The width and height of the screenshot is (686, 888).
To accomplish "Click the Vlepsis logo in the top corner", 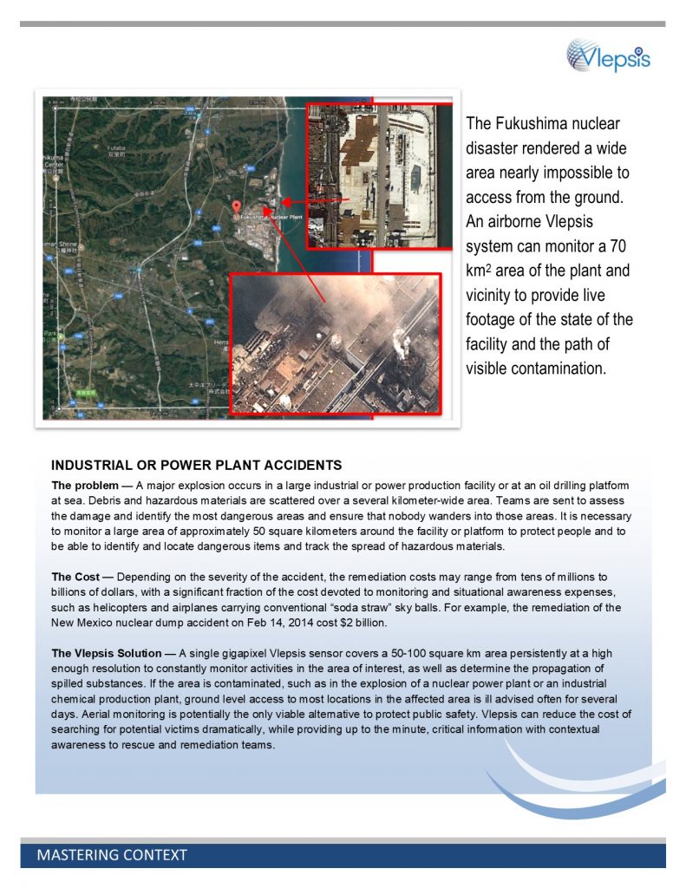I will point(608,56).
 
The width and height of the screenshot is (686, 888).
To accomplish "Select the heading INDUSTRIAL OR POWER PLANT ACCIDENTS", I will point(196,465).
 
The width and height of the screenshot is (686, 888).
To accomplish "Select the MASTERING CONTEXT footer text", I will point(112,855).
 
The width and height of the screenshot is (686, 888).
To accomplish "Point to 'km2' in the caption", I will point(480,271).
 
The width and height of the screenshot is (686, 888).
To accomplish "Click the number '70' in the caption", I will point(618,245).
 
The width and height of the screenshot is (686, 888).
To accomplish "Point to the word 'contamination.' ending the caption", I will point(536,369).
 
